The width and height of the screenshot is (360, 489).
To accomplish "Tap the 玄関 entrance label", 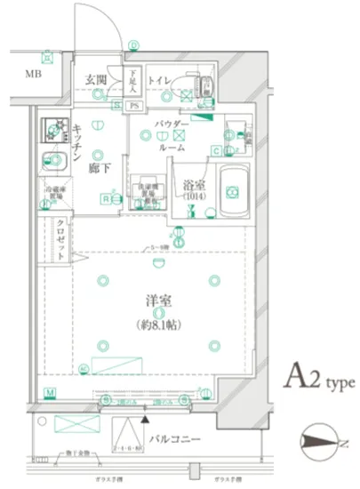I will (96, 80).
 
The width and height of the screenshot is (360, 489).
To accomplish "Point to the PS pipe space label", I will (135, 107).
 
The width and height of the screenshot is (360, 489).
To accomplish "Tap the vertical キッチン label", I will (78, 141).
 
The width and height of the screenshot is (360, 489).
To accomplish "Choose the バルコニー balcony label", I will (173, 439).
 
